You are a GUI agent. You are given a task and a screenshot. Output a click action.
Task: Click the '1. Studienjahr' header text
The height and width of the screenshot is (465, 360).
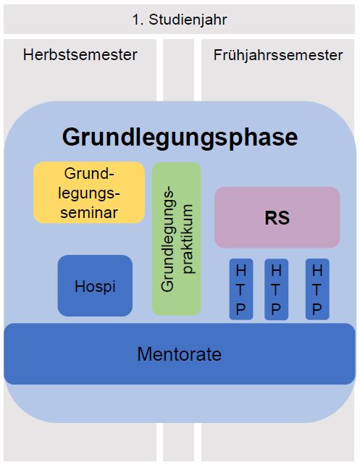(180, 20)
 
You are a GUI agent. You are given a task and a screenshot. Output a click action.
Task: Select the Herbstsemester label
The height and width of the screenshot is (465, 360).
(80, 55)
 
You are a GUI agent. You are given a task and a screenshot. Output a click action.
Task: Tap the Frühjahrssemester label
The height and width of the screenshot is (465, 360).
(278, 55)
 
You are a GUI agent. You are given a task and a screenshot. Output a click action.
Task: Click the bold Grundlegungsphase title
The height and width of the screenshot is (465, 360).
(180, 138)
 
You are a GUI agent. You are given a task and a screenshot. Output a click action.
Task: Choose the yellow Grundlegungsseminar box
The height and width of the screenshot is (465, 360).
(89, 193)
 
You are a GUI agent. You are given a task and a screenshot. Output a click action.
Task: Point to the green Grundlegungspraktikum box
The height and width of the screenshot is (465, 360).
(177, 239)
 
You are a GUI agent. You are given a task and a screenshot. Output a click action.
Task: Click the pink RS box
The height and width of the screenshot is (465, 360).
(277, 217)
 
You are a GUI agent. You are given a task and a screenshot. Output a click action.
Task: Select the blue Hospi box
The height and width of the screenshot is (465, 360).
(95, 285)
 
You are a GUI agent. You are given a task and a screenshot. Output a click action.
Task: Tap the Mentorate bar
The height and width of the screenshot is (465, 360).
(180, 353)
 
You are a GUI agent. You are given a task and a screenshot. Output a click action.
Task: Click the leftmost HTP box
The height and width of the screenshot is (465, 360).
(241, 290)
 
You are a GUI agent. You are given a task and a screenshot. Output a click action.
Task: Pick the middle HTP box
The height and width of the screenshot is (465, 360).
(276, 290)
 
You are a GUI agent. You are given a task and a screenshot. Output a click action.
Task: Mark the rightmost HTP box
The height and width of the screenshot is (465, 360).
(317, 290)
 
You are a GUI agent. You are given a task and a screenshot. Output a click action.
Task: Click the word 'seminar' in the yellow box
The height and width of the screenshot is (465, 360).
(89, 213)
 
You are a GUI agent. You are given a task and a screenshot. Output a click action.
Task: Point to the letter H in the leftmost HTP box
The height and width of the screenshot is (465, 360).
(240, 270)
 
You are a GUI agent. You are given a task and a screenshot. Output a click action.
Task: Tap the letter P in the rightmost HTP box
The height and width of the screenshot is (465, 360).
(317, 309)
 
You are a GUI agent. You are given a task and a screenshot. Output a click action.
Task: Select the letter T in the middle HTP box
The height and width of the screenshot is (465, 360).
(276, 290)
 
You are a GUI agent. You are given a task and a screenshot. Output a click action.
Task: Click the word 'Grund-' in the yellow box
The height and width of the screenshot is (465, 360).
(89, 174)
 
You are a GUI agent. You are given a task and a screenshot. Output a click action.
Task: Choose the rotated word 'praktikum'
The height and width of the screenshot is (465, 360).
(188, 239)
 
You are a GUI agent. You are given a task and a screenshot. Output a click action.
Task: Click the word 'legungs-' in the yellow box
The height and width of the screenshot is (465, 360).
(89, 193)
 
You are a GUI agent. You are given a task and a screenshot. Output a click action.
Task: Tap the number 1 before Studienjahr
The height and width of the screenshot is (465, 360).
(136, 20)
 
